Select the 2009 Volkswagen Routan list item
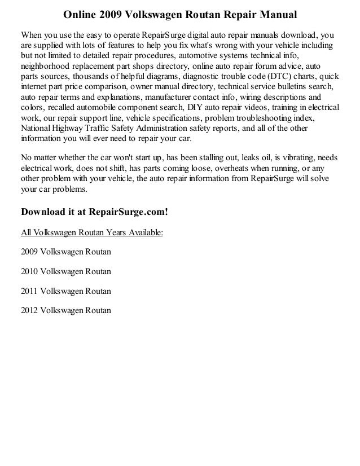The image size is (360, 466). pos(65,252)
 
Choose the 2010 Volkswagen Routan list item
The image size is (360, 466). pos(65,271)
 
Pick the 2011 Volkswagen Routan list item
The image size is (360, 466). pos(65,291)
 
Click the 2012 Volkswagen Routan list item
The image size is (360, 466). pos(65,310)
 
